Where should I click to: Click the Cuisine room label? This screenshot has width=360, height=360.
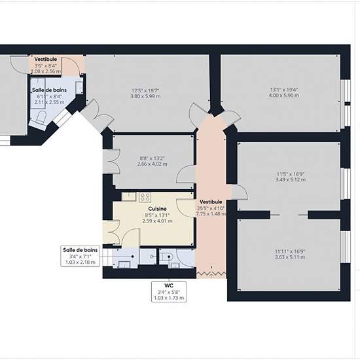click(157, 209)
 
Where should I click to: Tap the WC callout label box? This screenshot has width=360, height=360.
click(169, 292)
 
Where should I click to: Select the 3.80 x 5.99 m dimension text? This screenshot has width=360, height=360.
click(145, 96)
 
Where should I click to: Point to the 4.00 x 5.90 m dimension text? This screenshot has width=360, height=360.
click(284, 96)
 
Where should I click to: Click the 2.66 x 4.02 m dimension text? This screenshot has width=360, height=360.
click(153, 164)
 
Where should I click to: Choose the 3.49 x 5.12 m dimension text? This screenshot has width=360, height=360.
click(291, 179)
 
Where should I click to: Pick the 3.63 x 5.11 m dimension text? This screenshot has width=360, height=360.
click(290, 257)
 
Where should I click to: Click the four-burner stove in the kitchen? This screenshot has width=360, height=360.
click(145, 197)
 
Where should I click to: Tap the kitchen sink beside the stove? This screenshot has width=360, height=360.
click(129, 196)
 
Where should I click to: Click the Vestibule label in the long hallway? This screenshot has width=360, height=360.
click(211, 202)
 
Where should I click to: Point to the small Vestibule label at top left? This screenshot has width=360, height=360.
click(46, 59)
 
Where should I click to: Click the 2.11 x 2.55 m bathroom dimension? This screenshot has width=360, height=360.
click(49, 102)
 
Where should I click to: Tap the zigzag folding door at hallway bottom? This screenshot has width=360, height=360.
click(211, 274)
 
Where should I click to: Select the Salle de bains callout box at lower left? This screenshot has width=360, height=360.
click(80, 256)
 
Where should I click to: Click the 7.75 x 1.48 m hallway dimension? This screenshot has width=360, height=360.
click(211, 214)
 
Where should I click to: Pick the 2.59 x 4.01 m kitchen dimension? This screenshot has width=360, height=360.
click(157, 221)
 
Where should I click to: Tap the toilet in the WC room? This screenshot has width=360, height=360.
click(166, 257)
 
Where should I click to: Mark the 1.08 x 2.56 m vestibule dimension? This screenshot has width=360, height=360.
click(46, 71)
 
